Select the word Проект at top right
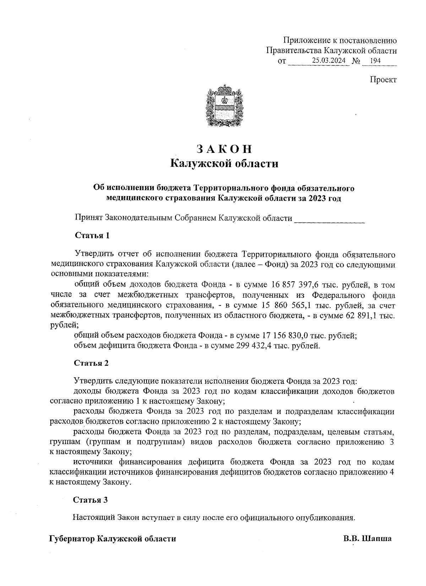click(x=383, y=79)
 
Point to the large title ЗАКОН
click(x=224, y=149)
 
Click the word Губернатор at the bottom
click(x=71, y=539)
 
